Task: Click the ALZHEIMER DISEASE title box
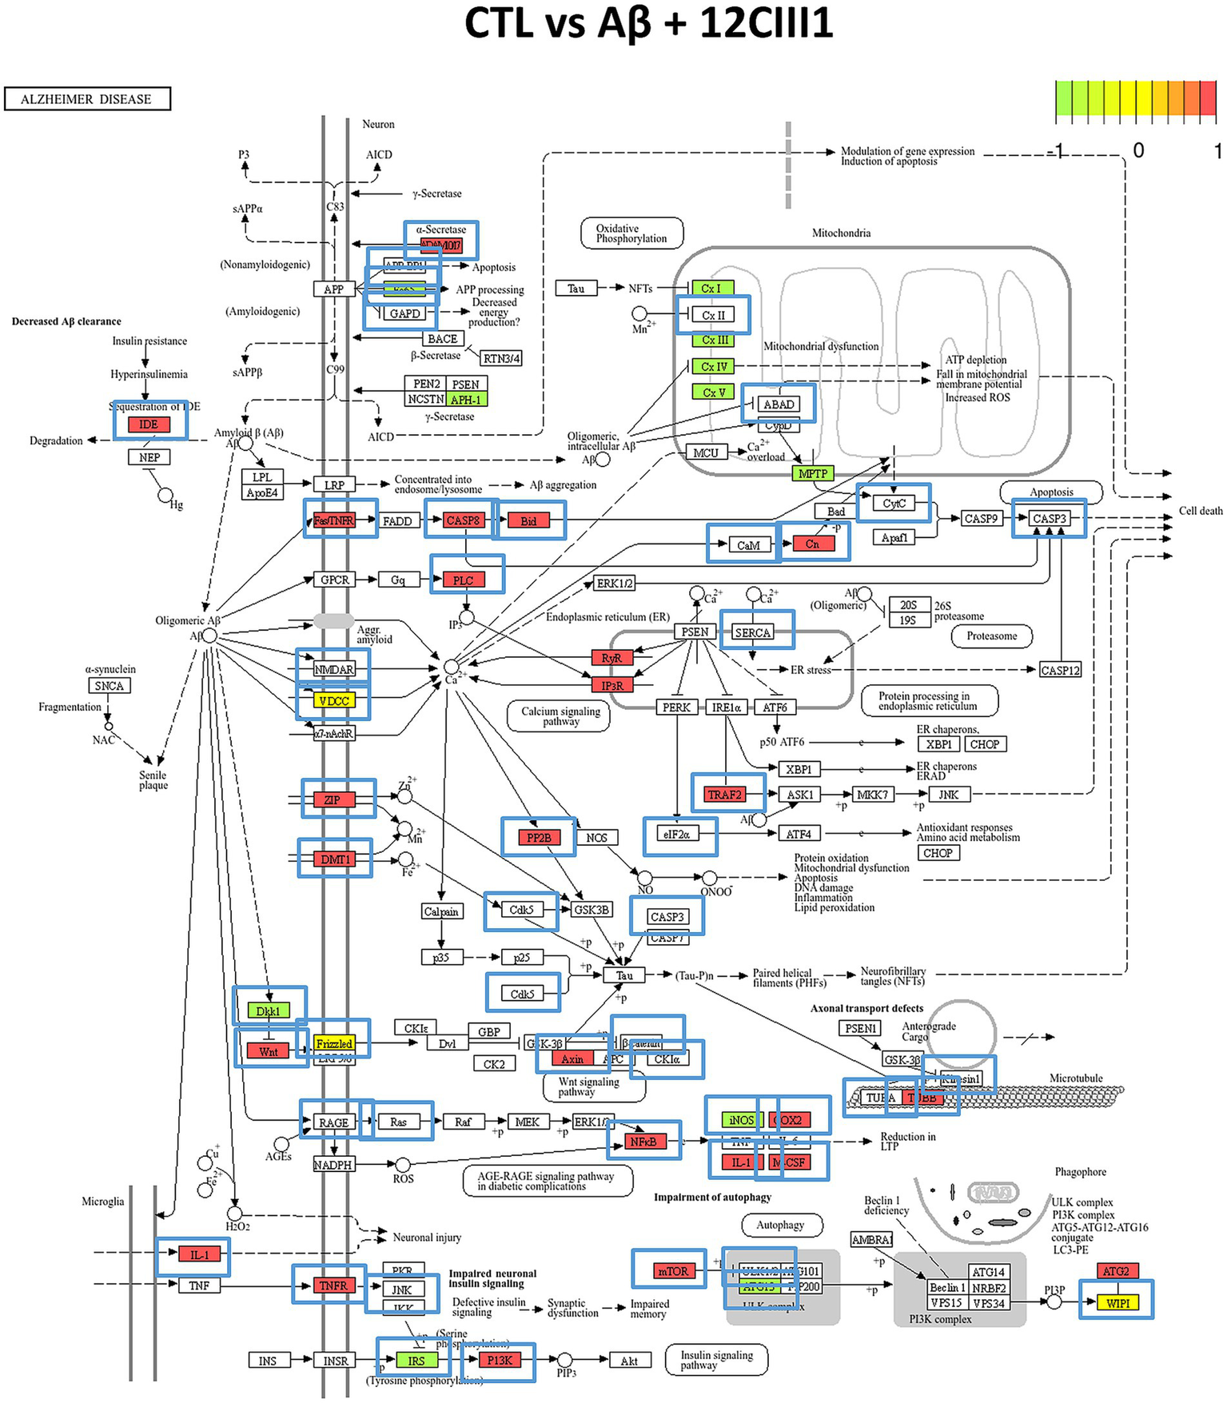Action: (87, 99)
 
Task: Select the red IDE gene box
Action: (149, 424)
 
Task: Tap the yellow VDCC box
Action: (333, 700)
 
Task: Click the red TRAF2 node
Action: (725, 794)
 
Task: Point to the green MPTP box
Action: (812, 473)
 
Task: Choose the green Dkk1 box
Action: (268, 1010)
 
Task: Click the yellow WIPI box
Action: (1117, 1302)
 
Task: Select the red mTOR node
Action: (671, 1271)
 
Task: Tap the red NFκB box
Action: (643, 1142)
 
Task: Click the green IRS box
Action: (416, 1360)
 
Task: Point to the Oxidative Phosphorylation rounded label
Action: (631, 233)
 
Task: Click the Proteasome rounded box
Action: (992, 636)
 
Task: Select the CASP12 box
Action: (1060, 670)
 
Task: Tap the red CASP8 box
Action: (463, 520)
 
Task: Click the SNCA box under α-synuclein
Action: (109, 686)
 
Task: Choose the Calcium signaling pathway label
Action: (560, 715)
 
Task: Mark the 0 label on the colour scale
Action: (1138, 150)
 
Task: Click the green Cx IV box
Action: (713, 366)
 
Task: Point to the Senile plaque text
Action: (153, 779)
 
